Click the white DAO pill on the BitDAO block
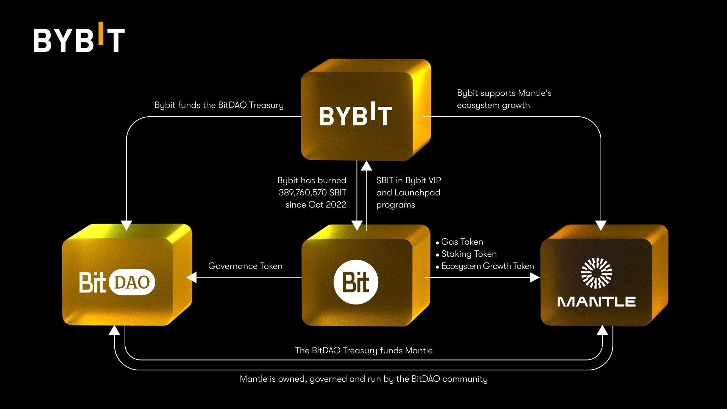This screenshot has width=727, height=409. tap(132, 282)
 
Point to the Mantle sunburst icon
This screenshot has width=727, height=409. tap(596, 273)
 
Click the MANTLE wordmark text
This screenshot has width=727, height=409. tap(596, 302)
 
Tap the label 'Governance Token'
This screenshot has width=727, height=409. tap(245, 266)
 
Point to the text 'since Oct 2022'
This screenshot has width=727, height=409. tap(316, 205)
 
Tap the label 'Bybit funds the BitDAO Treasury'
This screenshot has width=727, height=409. tap(219, 105)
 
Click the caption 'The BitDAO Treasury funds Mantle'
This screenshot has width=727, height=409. tap(363, 351)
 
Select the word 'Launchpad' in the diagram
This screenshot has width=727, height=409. tap(417, 193)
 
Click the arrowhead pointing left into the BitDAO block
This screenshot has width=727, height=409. tap(192, 278)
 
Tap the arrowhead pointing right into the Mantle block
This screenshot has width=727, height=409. tap(535, 278)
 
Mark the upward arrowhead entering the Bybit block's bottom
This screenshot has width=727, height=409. tap(366, 165)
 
